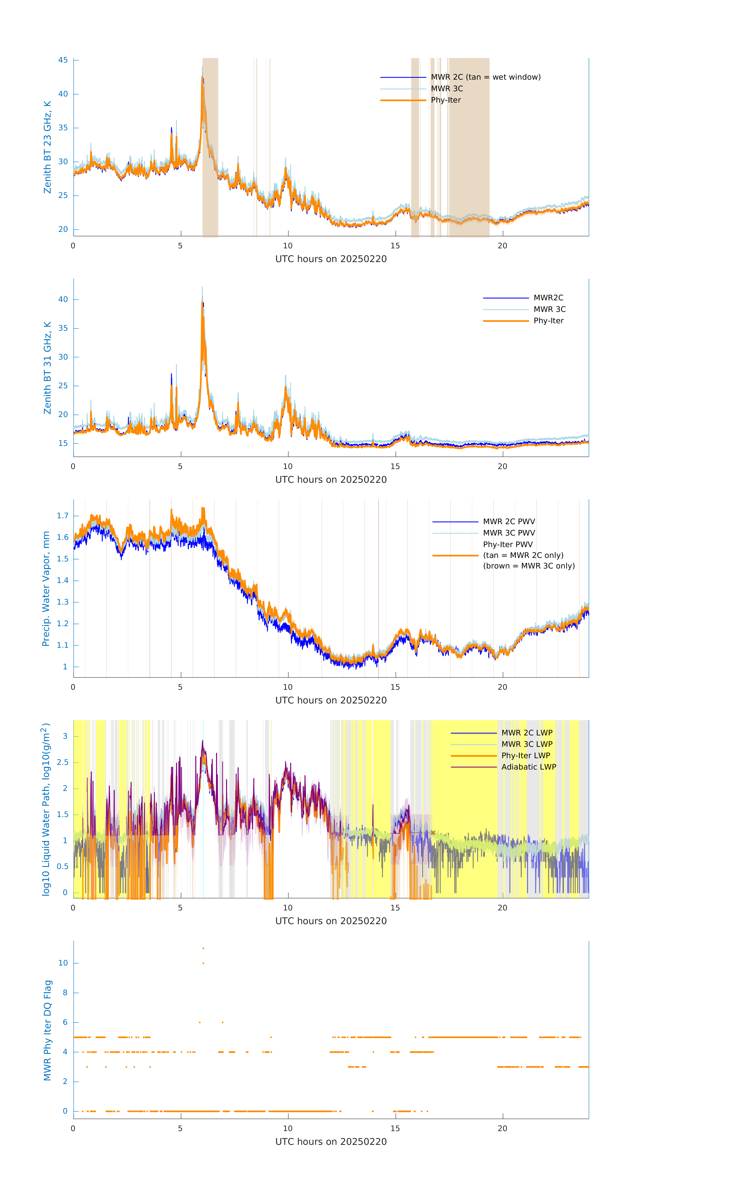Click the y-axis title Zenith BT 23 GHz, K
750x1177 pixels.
47,147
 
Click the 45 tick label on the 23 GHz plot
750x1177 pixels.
63,60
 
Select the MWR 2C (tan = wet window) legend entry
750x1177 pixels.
485,77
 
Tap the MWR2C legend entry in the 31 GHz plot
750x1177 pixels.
548,298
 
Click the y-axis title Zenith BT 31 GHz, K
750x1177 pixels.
47,368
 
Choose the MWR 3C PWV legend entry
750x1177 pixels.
509,533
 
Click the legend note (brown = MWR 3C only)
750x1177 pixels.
529,566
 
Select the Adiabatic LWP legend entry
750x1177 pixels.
528,767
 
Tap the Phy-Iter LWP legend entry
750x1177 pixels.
525,756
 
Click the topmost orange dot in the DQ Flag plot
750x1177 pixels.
203,948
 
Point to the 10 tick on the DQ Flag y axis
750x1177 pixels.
63,963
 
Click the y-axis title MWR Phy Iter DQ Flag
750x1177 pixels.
47,1030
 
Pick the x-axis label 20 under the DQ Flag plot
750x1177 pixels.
502,1129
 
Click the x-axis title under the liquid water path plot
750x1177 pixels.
331,921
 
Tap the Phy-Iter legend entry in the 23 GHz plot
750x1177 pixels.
446,100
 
